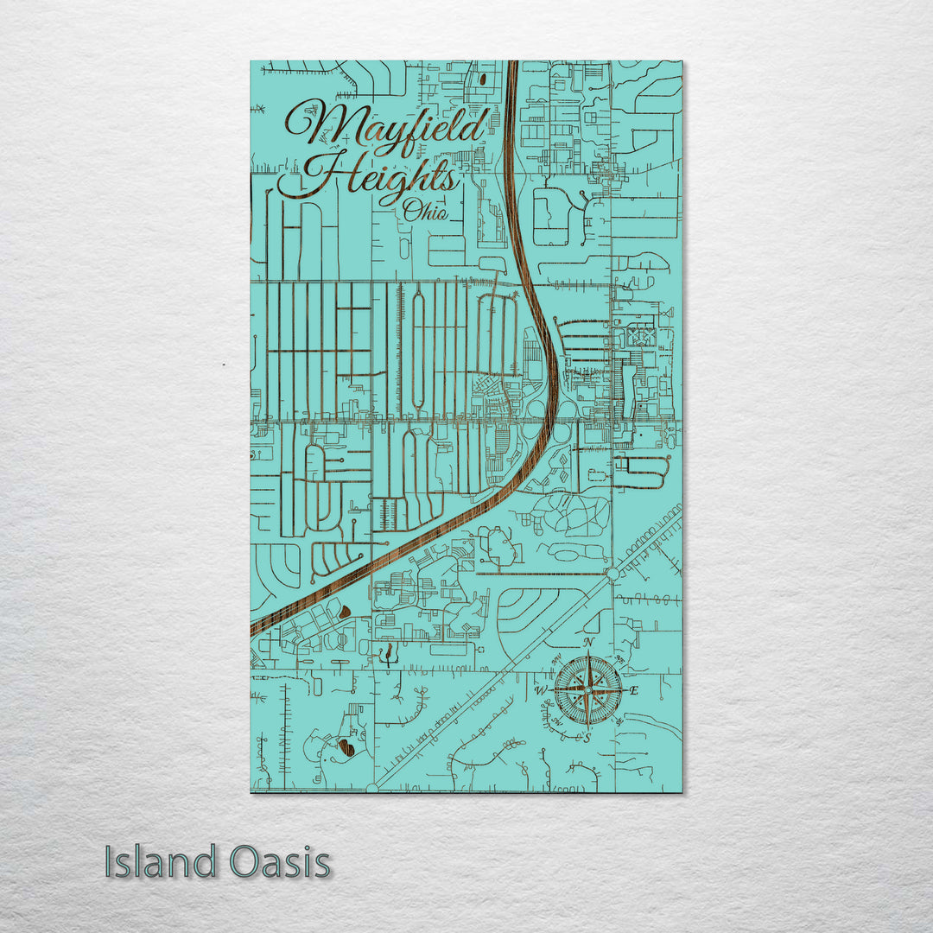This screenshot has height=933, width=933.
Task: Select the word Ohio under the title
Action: coord(425,210)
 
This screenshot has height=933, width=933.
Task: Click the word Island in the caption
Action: coord(161,862)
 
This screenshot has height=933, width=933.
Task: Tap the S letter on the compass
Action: coord(587,739)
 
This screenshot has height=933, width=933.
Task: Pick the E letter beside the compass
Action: coord(633,690)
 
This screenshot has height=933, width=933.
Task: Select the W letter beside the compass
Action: coord(541,690)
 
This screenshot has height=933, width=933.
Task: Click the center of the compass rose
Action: coord(587,690)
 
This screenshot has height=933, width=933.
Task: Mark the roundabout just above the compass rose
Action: coord(612,574)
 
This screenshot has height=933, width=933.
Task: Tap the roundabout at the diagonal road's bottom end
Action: coord(372,787)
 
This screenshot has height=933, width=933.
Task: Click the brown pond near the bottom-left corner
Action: coord(346,746)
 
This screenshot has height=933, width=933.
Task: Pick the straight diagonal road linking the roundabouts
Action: coord(492,680)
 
